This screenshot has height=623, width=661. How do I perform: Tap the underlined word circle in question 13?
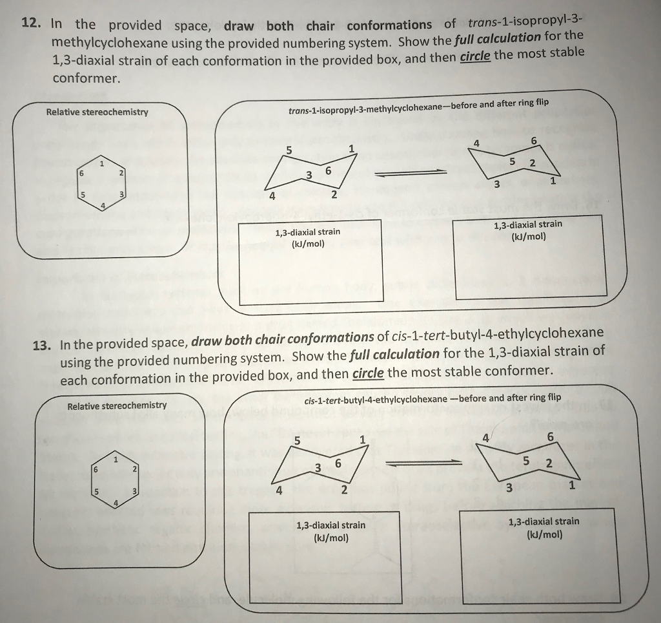click(x=368, y=374)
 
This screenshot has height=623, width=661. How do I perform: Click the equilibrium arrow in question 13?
click(x=424, y=463)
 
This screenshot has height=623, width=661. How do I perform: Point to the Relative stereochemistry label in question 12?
click(x=97, y=112)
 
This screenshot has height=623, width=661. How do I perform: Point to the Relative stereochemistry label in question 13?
click(x=117, y=406)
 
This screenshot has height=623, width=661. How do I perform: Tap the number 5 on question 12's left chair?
click(x=289, y=150)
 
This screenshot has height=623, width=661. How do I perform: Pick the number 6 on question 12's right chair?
click(x=534, y=141)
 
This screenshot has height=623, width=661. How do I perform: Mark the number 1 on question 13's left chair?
click(x=362, y=440)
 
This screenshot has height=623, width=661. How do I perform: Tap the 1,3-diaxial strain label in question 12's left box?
click(x=307, y=232)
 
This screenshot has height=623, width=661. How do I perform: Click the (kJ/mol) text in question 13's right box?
click(x=544, y=535)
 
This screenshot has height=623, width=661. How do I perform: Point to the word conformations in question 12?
click(x=389, y=25)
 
